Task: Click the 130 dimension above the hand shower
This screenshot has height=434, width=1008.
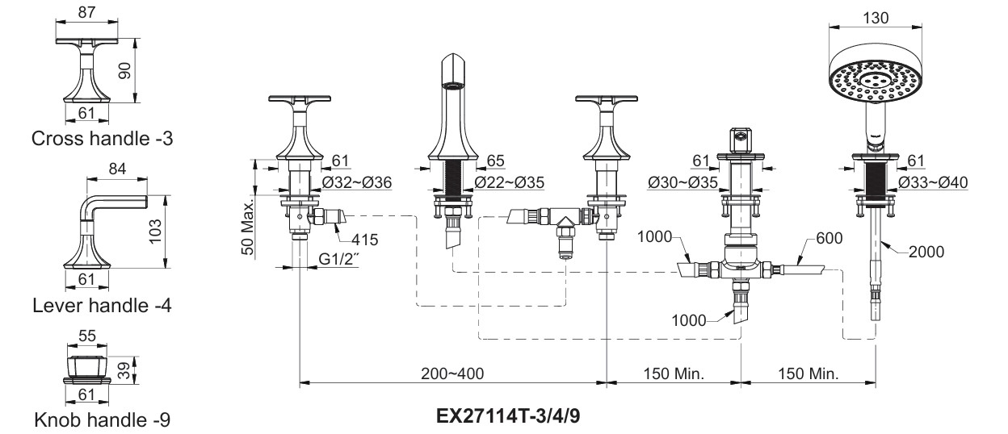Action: tap(876, 18)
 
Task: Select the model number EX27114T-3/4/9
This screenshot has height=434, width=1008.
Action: tap(508, 416)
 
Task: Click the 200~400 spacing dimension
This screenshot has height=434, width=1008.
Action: tap(452, 373)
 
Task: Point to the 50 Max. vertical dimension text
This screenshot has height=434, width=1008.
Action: tap(248, 227)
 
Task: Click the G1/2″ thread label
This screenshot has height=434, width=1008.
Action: tap(339, 259)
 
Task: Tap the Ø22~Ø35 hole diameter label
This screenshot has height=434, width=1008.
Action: tap(510, 182)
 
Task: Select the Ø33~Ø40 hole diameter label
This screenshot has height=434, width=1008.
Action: tap(933, 182)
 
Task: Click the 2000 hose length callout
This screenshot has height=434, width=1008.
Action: tap(926, 252)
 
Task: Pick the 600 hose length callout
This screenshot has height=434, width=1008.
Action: tap(829, 238)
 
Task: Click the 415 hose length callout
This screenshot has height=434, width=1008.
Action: tap(364, 240)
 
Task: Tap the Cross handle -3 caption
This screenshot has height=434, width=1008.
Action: tap(102, 139)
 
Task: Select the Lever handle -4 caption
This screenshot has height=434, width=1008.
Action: tap(102, 306)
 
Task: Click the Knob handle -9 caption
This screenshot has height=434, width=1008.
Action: tap(102, 420)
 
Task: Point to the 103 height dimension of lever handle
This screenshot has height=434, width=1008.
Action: tap(156, 232)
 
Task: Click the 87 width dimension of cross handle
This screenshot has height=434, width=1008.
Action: tap(87, 12)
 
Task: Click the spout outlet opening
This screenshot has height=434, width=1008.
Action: tap(452, 85)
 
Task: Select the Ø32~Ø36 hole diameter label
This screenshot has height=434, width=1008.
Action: tap(357, 182)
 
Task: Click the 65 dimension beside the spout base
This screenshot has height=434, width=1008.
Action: tap(495, 161)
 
